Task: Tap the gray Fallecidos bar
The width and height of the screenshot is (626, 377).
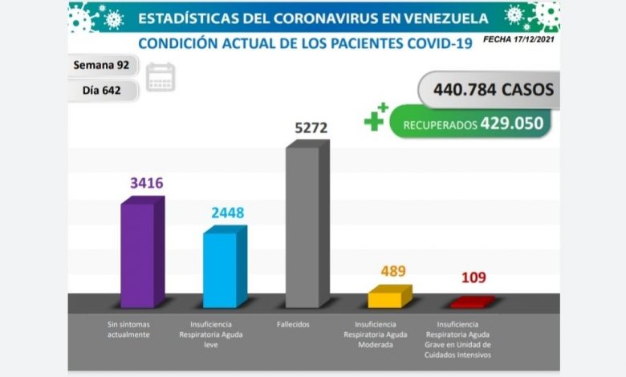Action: (307, 226)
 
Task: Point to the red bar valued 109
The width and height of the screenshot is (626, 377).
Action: (470, 302)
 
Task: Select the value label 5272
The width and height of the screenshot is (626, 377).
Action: (311, 127)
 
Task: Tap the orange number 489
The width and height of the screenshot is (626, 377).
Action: (393, 271)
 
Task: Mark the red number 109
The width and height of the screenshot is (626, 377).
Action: (474, 278)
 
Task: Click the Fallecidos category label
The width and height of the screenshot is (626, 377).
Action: (294, 324)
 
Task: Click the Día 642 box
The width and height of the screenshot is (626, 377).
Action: (102, 90)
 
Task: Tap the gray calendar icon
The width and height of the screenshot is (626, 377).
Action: (161, 77)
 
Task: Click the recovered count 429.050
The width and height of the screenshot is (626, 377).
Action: (511, 123)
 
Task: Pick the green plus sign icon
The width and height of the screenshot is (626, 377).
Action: (375, 118)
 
